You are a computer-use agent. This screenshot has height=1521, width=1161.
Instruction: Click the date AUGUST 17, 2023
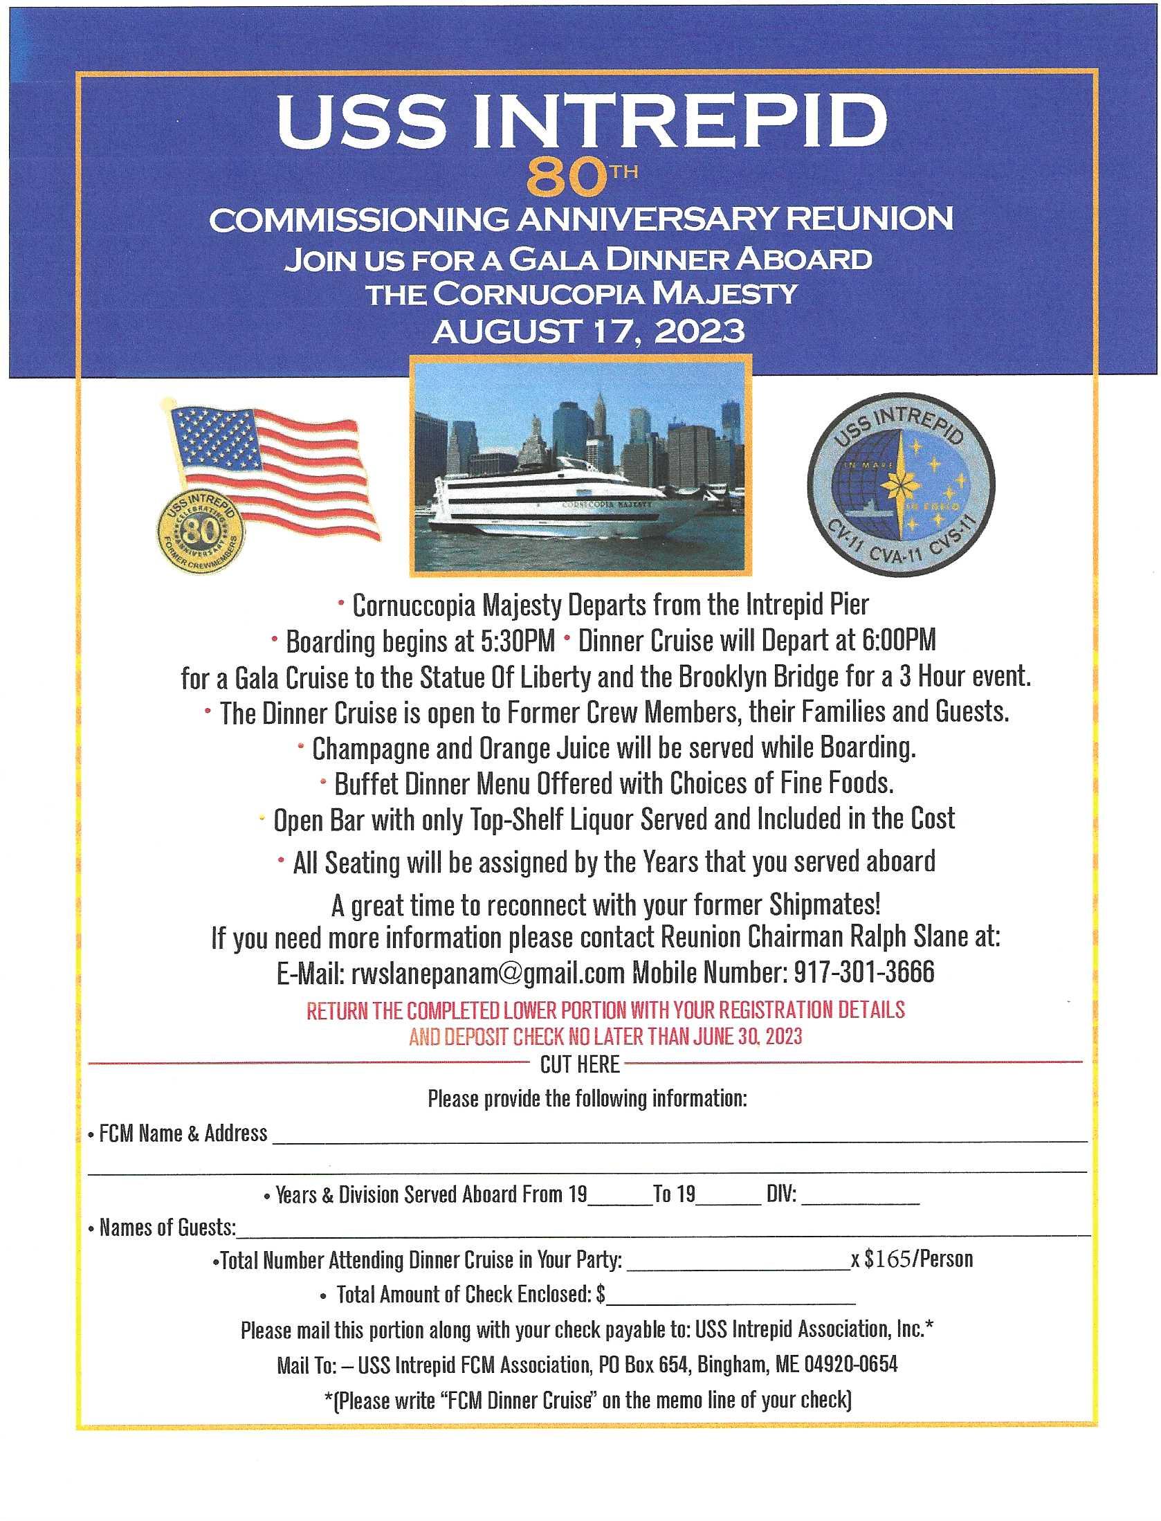(588, 332)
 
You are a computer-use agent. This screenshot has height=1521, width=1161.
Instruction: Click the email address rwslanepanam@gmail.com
(488, 973)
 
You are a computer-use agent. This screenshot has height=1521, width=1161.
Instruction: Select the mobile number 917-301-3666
(863, 972)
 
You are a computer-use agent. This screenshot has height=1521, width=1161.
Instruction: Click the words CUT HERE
(580, 1065)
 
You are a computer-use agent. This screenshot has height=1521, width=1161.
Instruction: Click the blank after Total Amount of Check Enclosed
(730, 1296)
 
